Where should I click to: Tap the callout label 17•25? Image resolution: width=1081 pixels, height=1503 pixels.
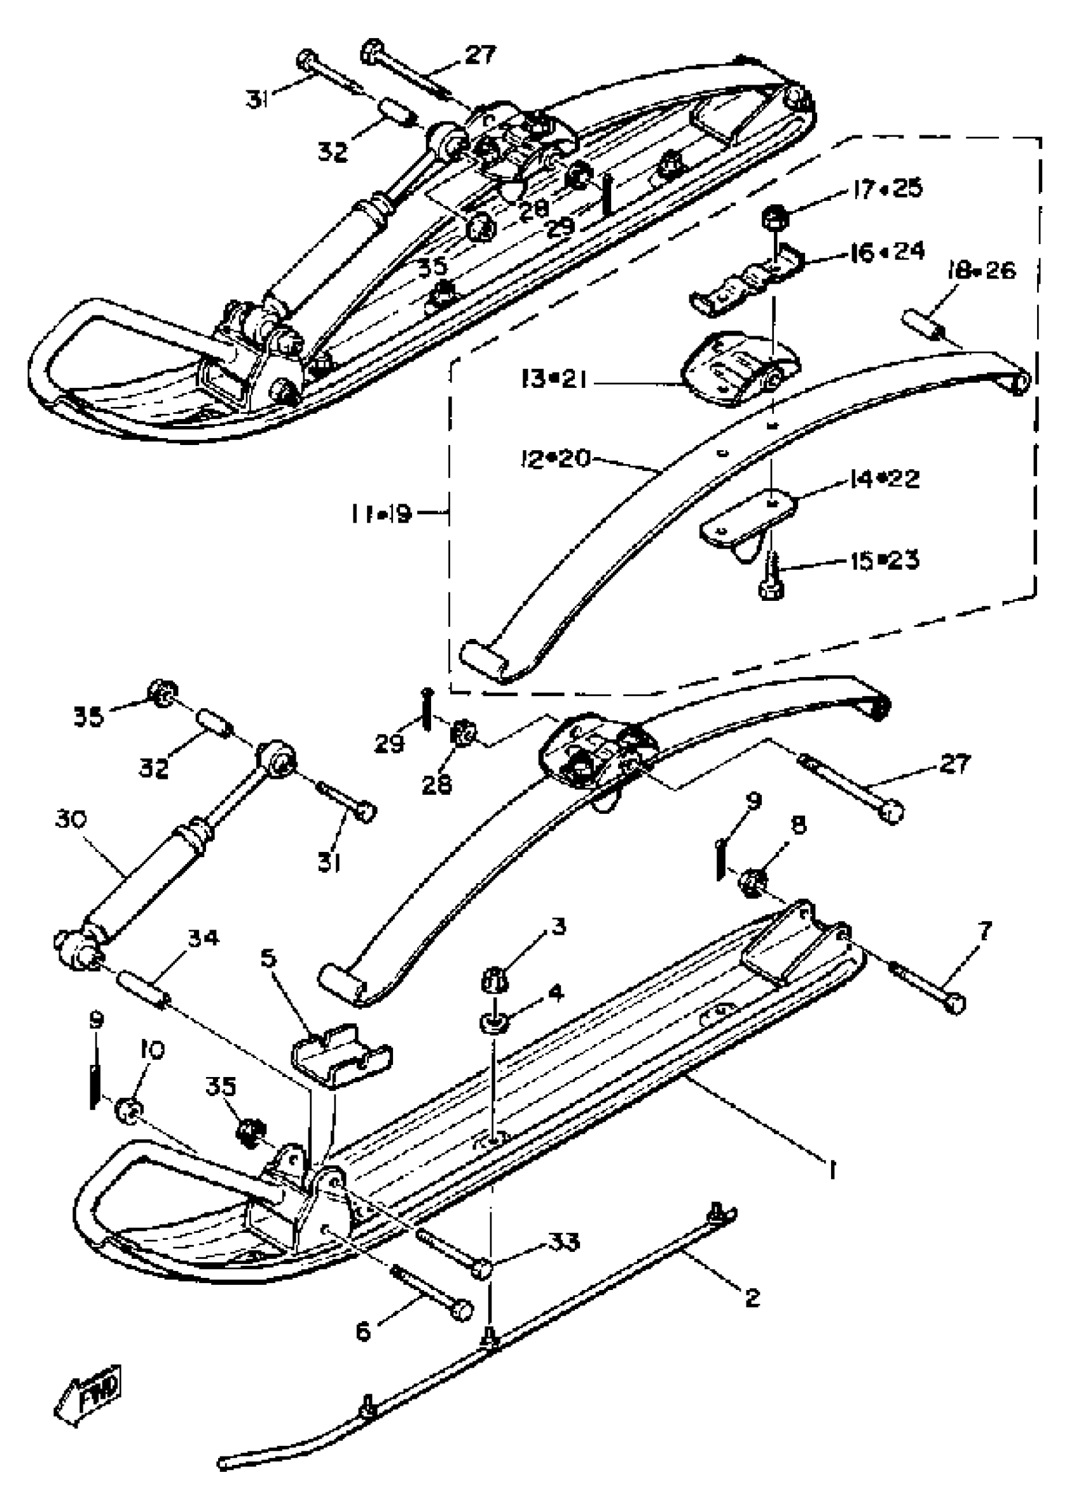(x=887, y=189)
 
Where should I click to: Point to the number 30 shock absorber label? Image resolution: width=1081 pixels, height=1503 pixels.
(x=71, y=820)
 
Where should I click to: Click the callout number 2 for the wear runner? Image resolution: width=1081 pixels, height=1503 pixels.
(x=752, y=1297)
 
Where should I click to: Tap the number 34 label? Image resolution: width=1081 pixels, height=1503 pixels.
(x=202, y=938)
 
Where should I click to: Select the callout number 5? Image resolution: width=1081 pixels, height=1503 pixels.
(x=268, y=959)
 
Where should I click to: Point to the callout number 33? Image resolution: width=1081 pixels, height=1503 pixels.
(x=564, y=1240)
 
